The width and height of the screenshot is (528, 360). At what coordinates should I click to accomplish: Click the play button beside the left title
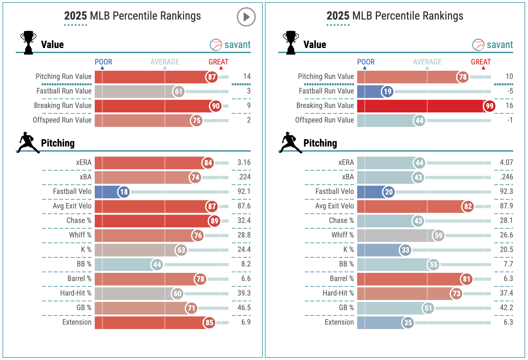246,17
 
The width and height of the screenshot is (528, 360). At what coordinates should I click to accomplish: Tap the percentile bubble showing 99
489,106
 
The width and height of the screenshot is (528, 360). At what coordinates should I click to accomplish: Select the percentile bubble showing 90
215,106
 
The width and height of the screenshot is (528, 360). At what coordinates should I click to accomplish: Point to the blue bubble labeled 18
124,192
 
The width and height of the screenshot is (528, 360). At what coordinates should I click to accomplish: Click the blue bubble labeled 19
387,92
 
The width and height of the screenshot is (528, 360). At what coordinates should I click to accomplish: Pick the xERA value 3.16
244,163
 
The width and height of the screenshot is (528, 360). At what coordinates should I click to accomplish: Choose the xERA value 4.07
506,163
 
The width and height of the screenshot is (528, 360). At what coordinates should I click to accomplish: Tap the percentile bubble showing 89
214,221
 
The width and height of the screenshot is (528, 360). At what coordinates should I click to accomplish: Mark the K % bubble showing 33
405,250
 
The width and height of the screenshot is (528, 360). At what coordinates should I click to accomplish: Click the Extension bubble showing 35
408,323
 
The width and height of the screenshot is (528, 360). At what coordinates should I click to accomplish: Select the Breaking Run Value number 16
509,106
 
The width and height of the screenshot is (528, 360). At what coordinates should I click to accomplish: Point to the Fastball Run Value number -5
510,91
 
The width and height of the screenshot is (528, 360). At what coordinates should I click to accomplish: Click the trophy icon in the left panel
28,43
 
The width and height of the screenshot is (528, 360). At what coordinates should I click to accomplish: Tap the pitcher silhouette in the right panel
290,143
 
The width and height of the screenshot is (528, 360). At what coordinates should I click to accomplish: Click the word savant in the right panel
500,45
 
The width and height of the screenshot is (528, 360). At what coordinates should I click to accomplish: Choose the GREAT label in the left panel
218,62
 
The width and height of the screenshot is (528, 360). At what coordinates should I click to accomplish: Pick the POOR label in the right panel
366,62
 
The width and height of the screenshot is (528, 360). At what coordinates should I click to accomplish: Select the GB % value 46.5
244,308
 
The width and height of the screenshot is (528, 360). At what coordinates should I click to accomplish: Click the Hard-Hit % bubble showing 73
456,294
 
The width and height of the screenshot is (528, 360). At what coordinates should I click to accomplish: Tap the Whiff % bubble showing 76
198,236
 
